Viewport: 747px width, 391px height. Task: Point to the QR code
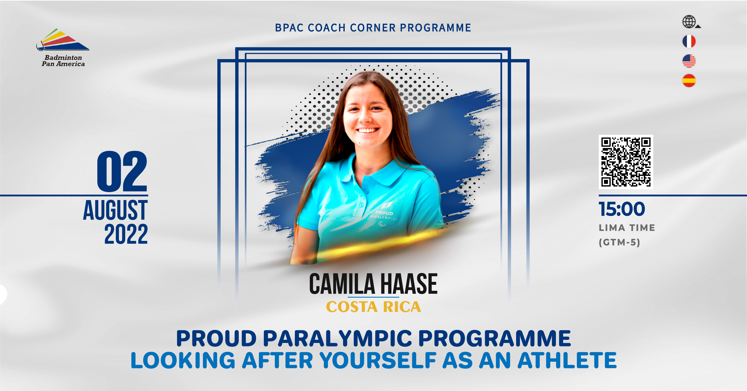[x=626, y=162]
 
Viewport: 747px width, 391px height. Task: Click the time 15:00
[x=622, y=209]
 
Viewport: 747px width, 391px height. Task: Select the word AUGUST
[x=115, y=210]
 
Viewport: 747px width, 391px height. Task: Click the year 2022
[x=126, y=234]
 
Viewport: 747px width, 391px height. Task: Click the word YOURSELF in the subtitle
[x=378, y=360]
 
